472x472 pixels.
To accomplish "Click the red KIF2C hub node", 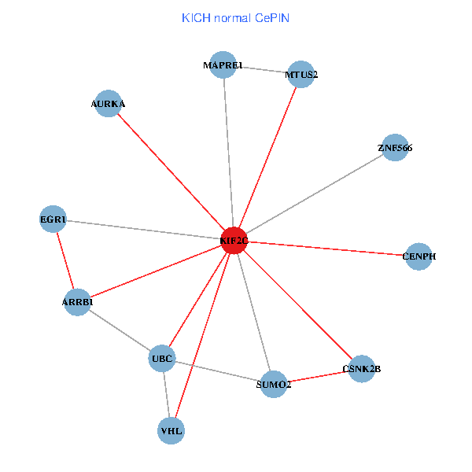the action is pos(234,241).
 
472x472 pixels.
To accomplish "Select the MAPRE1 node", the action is pos(223,65).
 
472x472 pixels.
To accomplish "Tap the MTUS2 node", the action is pos(301,75).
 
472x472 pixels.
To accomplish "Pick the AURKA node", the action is pos(108,103).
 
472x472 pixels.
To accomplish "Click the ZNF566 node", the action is pos(394,147).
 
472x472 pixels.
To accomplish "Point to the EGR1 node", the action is pos(53,219).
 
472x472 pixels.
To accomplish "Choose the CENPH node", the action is pos(419,256).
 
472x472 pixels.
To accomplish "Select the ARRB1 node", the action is pos(77,301).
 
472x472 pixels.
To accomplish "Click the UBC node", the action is pos(162,359).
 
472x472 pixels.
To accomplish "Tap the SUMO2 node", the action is pos(273,384).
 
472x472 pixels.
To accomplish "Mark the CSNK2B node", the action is pos(361,368).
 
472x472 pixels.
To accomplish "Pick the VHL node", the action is pos(171,430).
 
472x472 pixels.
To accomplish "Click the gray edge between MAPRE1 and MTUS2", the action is pos(262,69).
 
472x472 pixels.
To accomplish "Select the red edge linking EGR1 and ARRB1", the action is pos(65,260).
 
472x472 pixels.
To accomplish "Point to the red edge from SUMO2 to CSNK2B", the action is pos(317,376).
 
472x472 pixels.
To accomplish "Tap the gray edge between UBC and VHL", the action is pos(167,395).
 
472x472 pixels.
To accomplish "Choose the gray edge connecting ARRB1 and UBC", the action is pos(120,330).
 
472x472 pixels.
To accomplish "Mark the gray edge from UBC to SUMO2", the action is pos(218,371).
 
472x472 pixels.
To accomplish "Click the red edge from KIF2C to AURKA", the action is pos(171,172).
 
